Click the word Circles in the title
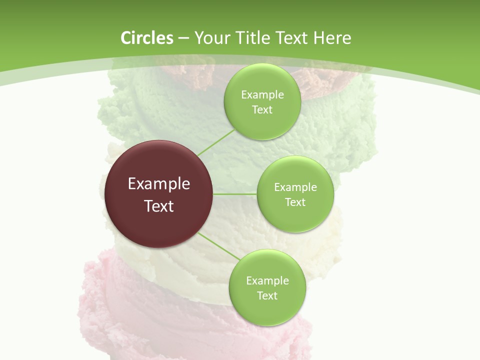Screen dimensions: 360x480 click(x=146, y=38)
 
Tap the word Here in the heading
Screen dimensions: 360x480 click(x=332, y=38)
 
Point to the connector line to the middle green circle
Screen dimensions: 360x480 click(x=235, y=194)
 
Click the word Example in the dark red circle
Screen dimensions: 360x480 click(x=159, y=184)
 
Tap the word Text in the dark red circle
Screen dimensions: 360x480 click(x=159, y=206)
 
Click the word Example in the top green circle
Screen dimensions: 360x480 click(x=262, y=95)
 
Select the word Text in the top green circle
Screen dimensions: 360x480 click(x=262, y=110)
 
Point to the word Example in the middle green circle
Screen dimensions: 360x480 click(x=295, y=187)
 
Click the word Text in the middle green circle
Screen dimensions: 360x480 click(x=295, y=202)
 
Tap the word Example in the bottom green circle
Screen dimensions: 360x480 click(x=267, y=281)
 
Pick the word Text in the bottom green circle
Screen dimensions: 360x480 click(x=267, y=296)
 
